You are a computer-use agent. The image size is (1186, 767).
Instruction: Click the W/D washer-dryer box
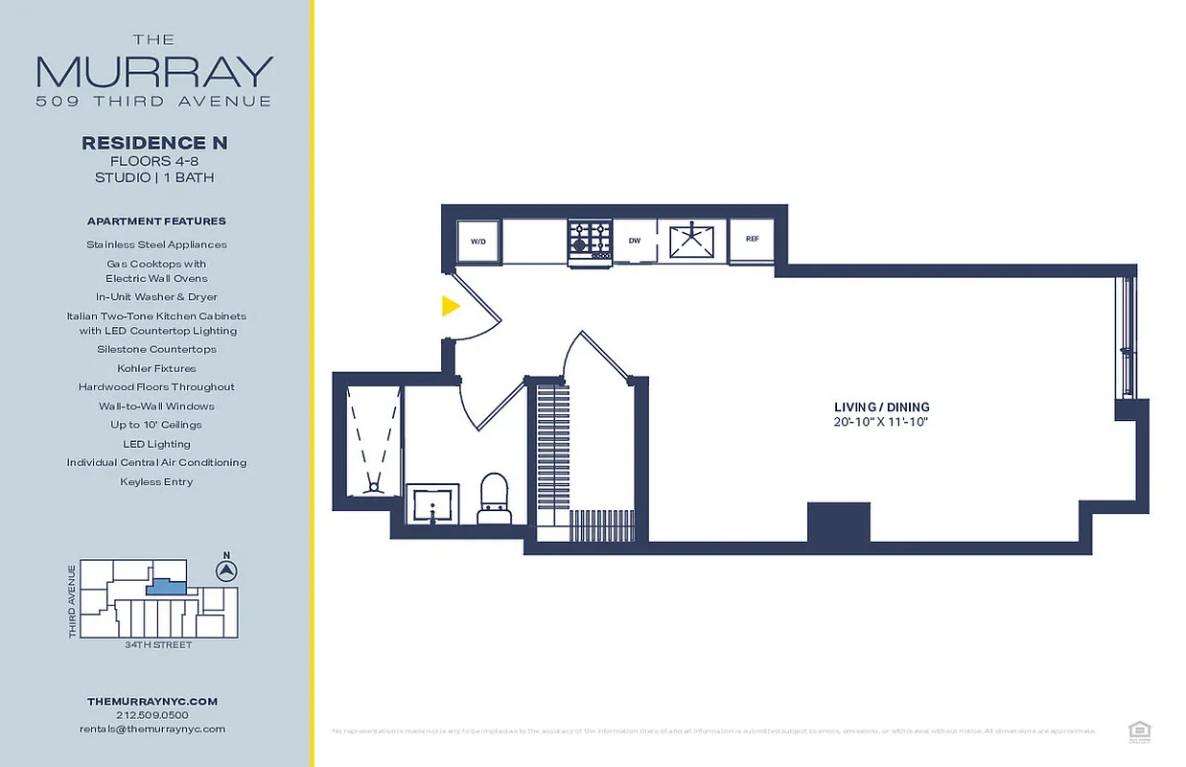[x=477, y=241]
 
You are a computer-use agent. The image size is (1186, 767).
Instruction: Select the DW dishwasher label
[x=635, y=241]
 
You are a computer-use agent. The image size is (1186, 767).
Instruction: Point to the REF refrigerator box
[x=753, y=239]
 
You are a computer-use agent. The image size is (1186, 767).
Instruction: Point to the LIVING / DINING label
[x=881, y=407]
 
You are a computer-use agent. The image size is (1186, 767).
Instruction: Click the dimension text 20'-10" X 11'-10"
[x=881, y=422]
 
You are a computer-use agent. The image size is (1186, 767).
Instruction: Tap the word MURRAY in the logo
[x=154, y=72]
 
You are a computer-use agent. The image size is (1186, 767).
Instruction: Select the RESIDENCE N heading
[x=154, y=143]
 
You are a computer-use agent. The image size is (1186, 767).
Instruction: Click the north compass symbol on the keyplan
[x=226, y=571]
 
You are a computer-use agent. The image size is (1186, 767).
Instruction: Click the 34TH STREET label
[x=158, y=645]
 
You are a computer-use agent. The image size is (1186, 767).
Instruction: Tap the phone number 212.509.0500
[x=153, y=715]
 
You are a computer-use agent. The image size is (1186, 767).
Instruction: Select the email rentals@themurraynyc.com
[x=153, y=729]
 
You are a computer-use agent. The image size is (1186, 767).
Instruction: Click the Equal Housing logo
[x=1139, y=730]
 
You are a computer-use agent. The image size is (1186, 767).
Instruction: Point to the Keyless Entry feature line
[x=155, y=481]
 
